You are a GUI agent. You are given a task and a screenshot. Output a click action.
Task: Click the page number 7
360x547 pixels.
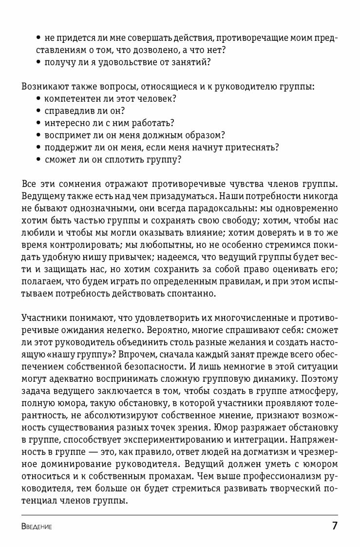(x=334, y=526)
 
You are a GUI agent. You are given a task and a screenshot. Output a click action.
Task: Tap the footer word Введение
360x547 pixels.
(x=37, y=527)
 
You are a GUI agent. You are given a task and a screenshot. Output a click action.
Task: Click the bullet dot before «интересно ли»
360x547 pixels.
(x=38, y=123)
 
